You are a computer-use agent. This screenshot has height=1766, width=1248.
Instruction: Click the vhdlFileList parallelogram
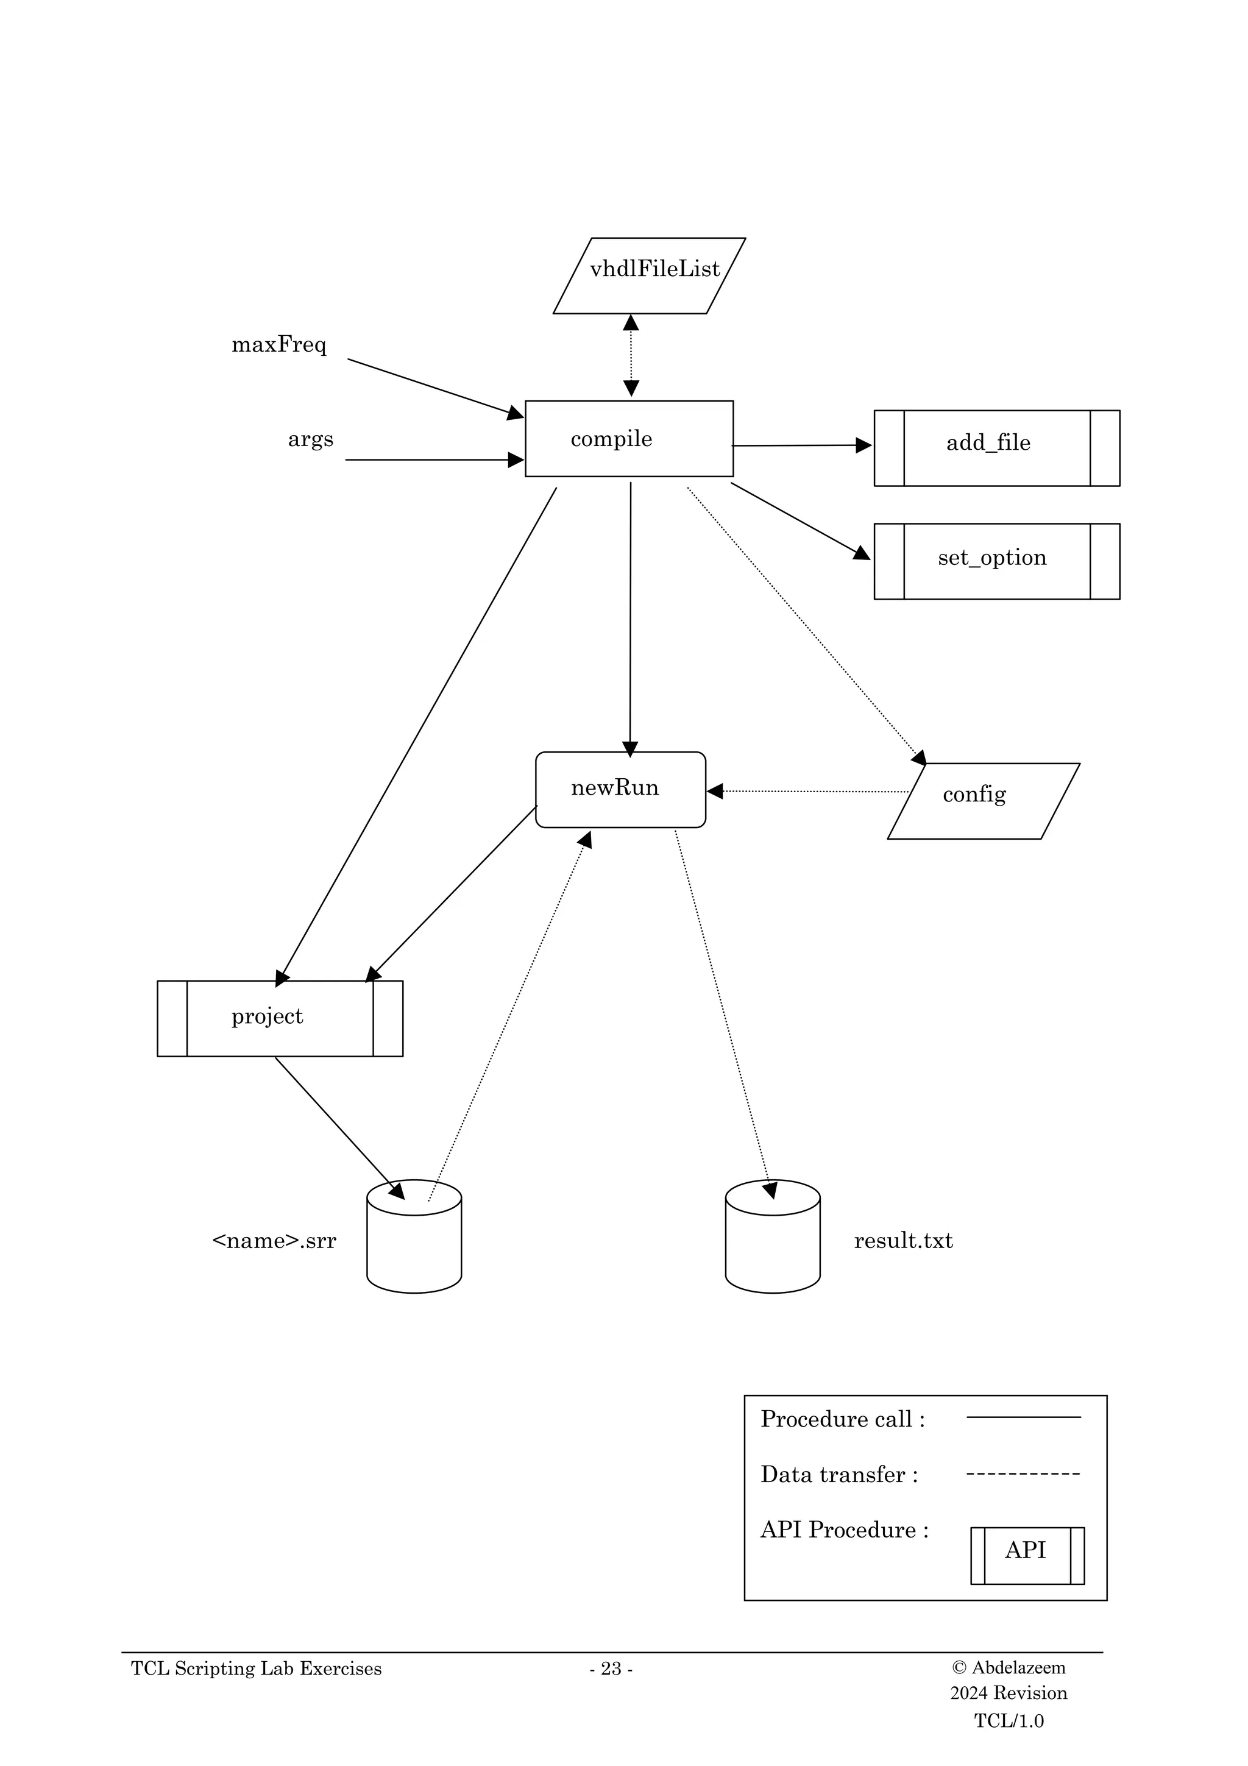tap(649, 275)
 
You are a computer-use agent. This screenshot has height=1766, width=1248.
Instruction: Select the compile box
tap(628, 438)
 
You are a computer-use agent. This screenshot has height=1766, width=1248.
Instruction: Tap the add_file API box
tap(996, 448)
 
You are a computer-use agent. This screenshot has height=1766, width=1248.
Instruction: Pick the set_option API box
tap(996, 561)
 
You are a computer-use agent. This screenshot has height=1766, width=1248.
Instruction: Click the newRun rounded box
tap(620, 789)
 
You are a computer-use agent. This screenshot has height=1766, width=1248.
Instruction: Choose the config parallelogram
tap(983, 801)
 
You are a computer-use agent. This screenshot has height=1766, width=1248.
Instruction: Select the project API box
tap(280, 1018)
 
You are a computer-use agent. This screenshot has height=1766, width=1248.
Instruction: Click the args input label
tap(311, 439)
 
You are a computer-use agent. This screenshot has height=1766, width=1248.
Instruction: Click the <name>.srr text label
tap(274, 1241)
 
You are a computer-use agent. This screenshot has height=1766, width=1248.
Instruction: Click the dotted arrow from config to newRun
tap(807, 791)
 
